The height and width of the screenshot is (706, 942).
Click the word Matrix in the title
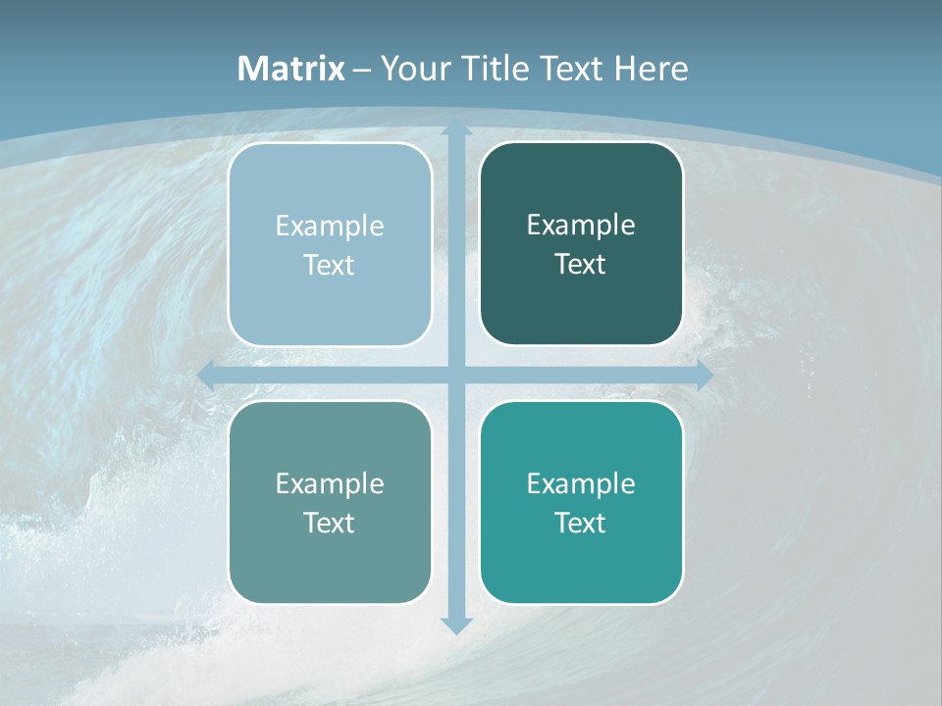coord(291,69)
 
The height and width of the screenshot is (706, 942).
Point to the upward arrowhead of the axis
coord(456,130)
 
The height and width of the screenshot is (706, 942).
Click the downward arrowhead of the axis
coord(456,626)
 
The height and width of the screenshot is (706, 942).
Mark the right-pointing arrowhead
coord(704,376)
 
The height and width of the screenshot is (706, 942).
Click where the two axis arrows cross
coord(456,376)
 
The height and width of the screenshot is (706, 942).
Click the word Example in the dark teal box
coord(581,226)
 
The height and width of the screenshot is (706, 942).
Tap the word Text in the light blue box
coord(330,266)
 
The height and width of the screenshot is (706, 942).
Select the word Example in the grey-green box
coord(330,483)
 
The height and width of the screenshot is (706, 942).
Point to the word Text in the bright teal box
coord(581,523)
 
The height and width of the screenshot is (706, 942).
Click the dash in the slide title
coord(362,70)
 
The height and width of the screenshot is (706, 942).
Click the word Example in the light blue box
coord(330,227)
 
